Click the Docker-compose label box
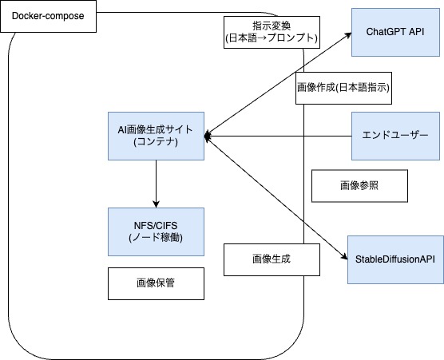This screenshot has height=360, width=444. point(48,16)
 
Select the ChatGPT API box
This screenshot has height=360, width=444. point(395,32)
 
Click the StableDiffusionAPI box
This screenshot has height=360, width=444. point(395,259)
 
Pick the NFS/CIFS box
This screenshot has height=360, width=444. point(156,231)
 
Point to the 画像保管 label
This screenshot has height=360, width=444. point(156,283)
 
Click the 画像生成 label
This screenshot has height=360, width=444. point(273,259)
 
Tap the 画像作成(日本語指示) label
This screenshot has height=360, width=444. point(343,89)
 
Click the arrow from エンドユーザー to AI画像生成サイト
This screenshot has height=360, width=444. point(279,136)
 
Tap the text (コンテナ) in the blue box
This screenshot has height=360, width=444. point(156,143)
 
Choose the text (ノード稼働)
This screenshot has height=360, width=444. point(156,239)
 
